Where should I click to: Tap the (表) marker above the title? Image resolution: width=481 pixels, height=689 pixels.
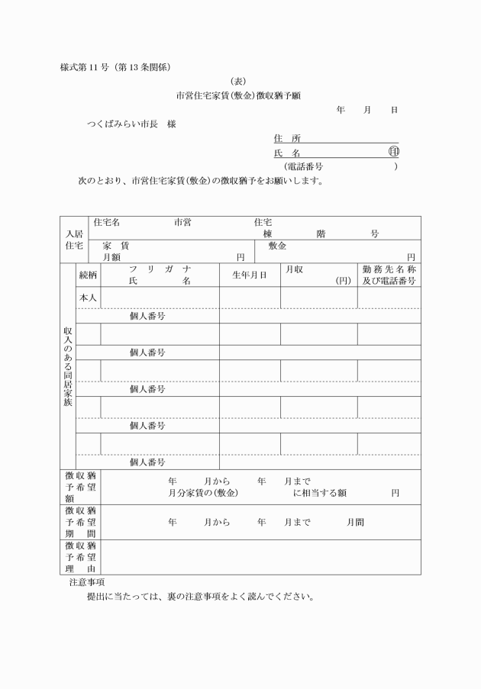tap(240, 82)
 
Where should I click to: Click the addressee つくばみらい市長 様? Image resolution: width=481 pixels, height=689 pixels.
tap(131, 124)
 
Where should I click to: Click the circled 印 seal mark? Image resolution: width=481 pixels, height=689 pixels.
tap(393, 153)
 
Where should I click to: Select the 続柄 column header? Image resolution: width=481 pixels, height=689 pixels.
tap(89, 275)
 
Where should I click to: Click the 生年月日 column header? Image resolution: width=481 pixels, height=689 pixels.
tap(250, 275)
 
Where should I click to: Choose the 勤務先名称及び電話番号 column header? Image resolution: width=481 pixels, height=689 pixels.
tap(389, 275)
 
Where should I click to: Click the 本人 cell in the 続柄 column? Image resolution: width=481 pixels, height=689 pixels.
tap(89, 298)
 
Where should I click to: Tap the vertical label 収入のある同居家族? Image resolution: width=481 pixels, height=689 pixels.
tap(68, 366)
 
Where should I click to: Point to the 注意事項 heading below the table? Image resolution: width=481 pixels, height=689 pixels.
tap(87, 582)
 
